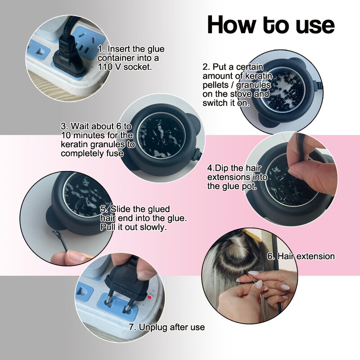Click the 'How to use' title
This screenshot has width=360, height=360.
[x=270, y=25]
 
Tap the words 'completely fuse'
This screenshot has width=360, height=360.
[x=92, y=153]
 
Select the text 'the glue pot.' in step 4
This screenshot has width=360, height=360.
[x=232, y=186]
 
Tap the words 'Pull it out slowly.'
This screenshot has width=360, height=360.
[x=133, y=227]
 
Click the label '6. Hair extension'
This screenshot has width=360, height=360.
[x=301, y=256]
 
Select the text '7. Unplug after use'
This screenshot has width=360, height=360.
[x=166, y=327]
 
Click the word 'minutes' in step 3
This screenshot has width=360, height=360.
[x=77, y=135]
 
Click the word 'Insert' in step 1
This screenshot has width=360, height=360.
[x=118, y=49]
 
